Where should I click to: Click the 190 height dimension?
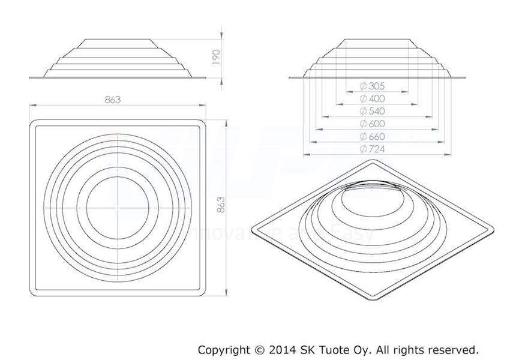(217, 57)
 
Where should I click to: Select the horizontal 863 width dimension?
(112, 100)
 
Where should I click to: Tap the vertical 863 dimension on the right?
(220, 208)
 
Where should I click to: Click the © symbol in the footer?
(259, 349)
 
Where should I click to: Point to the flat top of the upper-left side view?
(119, 41)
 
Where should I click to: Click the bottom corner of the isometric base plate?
(370, 298)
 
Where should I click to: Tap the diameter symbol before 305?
(363, 86)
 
